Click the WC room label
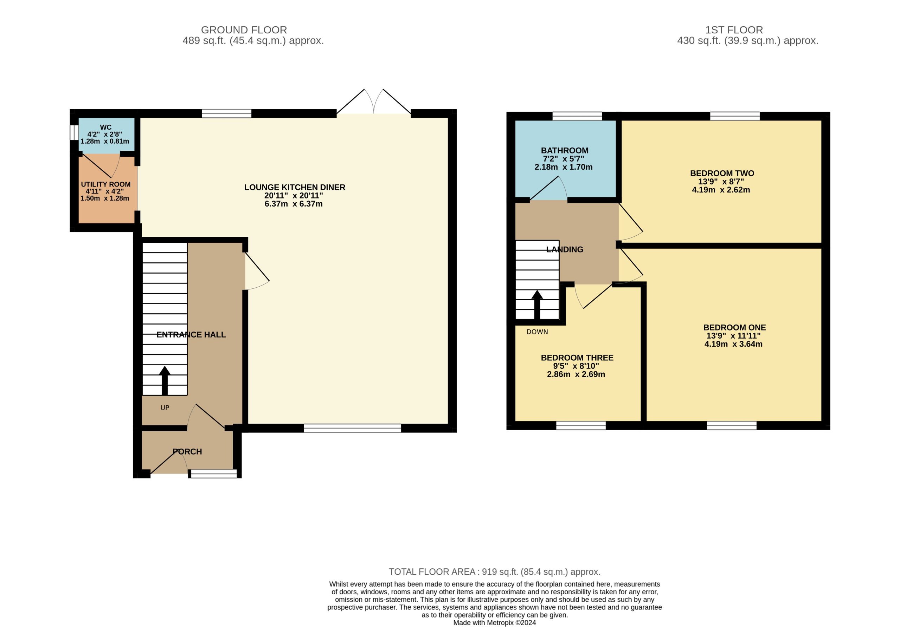(x=105, y=127)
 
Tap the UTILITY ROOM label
(x=106, y=184)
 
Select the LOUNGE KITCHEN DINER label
(x=295, y=187)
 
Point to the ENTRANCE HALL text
(x=191, y=334)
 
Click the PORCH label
(x=187, y=452)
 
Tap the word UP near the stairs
(x=165, y=408)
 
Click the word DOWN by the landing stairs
(x=537, y=332)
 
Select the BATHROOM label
(x=565, y=150)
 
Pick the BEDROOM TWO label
(x=722, y=173)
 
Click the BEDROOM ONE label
(x=734, y=327)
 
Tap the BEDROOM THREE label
(x=577, y=358)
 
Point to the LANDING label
(x=565, y=249)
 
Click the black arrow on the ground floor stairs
(x=165, y=381)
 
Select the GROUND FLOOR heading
(x=244, y=30)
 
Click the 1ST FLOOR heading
(x=734, y=30)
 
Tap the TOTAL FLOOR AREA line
(x=495, y=572)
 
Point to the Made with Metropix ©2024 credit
(x=495, y=623)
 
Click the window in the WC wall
(x=74, y=132)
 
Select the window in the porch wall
(x=214, y=474)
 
